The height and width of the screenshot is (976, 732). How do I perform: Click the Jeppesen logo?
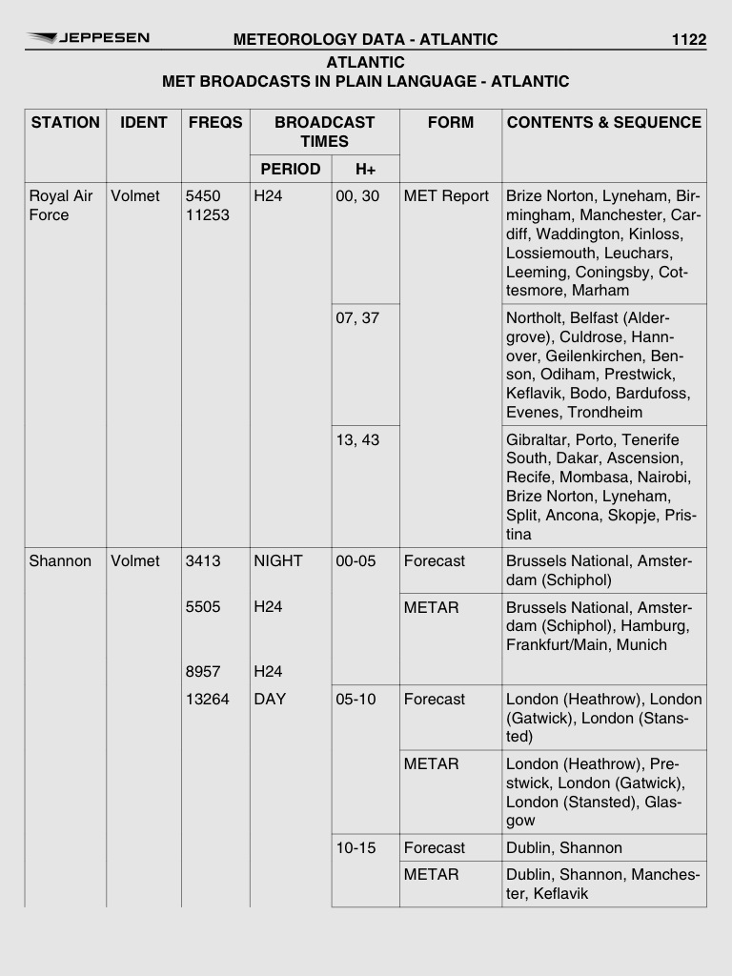point(88,38)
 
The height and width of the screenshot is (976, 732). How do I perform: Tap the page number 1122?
point(688,39)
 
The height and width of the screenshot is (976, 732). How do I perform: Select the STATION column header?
point(65,122)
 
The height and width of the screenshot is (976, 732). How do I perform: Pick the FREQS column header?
point(215,122)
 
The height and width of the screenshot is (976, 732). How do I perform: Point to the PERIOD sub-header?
point(290,169)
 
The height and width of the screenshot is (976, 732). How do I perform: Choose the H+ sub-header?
point(365,169)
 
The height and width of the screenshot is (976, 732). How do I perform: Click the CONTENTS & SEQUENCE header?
point(603,122)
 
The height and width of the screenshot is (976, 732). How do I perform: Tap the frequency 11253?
point(208,215)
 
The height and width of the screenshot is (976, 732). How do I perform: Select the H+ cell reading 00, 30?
point(357,196)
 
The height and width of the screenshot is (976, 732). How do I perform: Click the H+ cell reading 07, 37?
point(357,318)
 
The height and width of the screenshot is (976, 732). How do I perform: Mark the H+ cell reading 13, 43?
point(357,440)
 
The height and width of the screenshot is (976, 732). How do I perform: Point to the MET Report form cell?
point(446,196)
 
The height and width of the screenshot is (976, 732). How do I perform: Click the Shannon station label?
point(60,561)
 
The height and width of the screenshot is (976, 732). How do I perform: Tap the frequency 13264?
point(208,700)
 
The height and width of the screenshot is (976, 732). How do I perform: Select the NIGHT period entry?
point(277,561)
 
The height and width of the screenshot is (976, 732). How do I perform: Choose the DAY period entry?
point(270,700)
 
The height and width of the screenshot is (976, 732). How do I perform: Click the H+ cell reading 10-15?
point(356,848)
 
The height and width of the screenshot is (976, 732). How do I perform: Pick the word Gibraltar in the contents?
point(537,440)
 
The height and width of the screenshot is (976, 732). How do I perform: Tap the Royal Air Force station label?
point(61,206)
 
